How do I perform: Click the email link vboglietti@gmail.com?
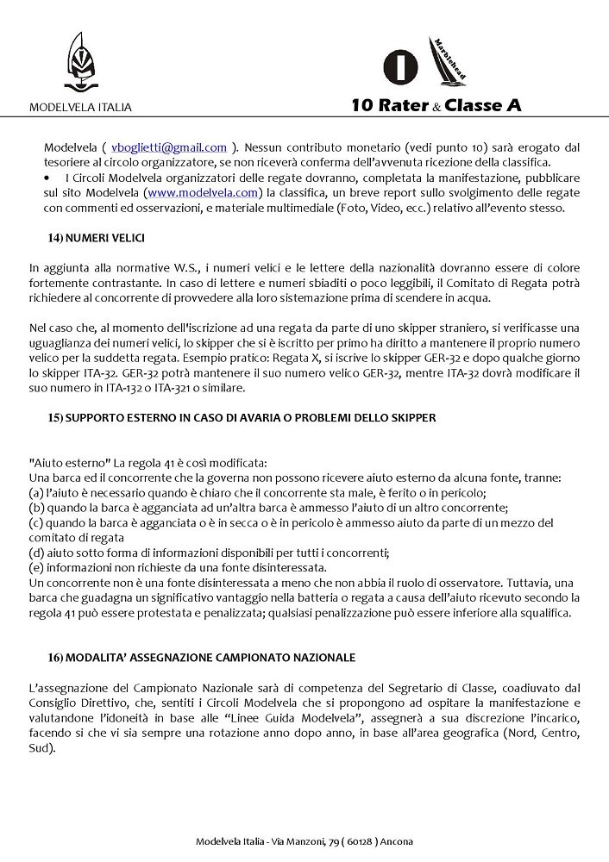point(169,148)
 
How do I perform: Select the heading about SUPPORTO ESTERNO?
point(242,417)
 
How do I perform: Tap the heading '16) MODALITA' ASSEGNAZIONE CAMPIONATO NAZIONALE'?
point(202,657)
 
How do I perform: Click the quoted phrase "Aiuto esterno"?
point(66,463)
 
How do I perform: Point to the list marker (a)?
point(36,493)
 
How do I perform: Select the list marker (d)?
point(37,552)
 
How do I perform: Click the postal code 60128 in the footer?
point(356,841)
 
